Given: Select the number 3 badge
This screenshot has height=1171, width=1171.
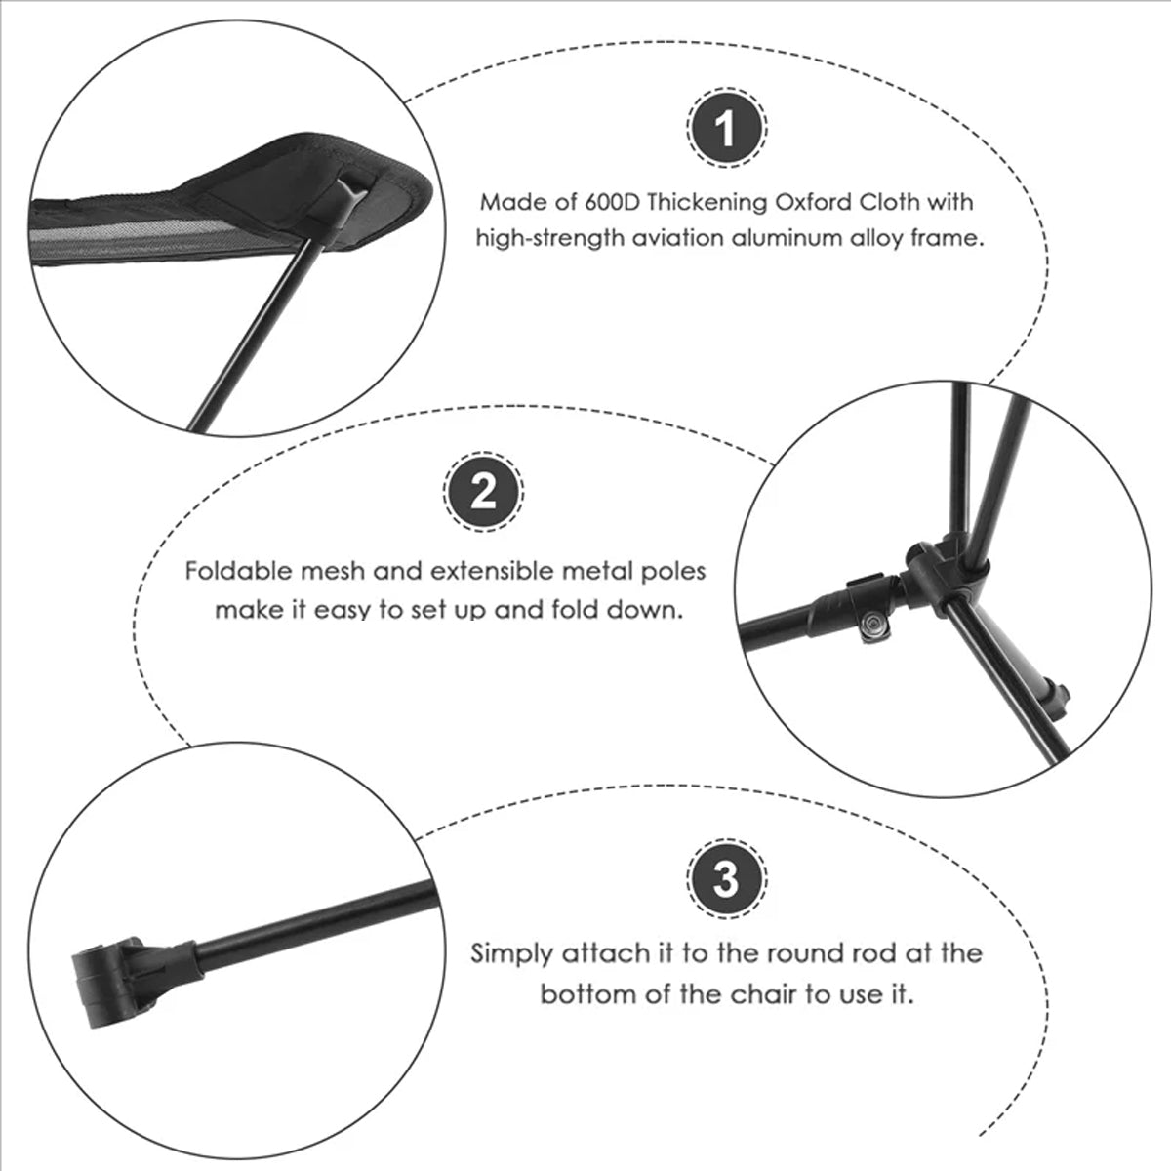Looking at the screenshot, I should coord(727,879).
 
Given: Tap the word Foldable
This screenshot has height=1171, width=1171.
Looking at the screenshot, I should coord(235,571).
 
